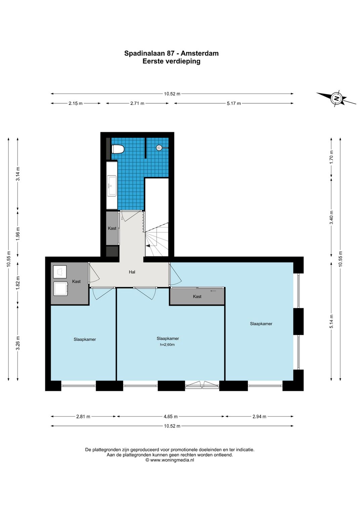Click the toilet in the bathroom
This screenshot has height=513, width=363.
(x=118, y=149)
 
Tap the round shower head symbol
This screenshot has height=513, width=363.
(x=159, y=148)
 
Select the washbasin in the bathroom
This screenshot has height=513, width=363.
(x=112, y=186)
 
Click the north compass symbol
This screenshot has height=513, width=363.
(x=336, y=99)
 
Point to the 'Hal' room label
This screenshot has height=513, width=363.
(x=132, y=272)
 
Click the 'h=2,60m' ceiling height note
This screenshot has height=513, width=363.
(x=167, y=345)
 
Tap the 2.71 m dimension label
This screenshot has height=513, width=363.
(x=137, y=103)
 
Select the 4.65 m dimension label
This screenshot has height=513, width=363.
(x=171, y=417)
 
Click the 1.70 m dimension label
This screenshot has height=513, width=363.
(x=331, y=157)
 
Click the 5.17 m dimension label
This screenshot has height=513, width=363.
(x=234, y=103)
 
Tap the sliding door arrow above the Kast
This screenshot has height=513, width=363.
(x=213, y=291)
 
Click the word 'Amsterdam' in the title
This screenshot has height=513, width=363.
(x=200, y=53)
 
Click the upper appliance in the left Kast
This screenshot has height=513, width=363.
(x=60, y=272)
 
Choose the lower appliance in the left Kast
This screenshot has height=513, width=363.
(x=61, y=288)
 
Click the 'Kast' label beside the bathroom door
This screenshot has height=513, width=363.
(x=112, y=228)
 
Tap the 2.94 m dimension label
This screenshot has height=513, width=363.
(x=259, y=417)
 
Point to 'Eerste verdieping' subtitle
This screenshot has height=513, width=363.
(x=171, y=62)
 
